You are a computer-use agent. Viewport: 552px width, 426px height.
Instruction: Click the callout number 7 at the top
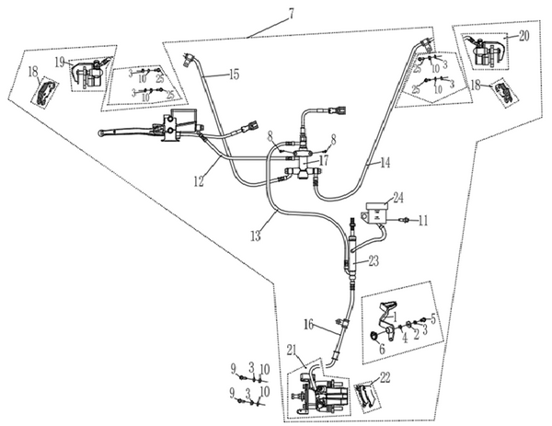click(x=291, y=13)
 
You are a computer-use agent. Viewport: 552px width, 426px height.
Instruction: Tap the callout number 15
click(x=234, y=74)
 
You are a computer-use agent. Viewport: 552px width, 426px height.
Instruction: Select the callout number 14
click(x=385, y=163)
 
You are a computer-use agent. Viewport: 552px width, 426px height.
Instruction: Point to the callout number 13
click(x=256, y=236)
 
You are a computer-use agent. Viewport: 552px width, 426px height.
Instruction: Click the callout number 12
click(x=199, y=181)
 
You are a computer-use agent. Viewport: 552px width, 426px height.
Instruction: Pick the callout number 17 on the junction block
click(x=323, y=160)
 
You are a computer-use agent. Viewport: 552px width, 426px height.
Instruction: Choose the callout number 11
click(x=422, y=221)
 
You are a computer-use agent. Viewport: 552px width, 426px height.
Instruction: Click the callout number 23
click(x=374, y=261)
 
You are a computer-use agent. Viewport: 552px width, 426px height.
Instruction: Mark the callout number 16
click(x=308, y=325)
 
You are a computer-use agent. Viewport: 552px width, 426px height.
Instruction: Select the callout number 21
click(x=293, y=351)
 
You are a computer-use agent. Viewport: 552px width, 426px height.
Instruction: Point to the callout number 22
click(x=385, y=378)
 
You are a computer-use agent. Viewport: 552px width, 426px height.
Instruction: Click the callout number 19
click(x=60, y=63)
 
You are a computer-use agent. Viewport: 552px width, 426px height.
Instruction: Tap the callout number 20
click(x=523, y=36)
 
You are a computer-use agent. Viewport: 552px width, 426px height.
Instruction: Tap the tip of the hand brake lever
click(x=99, y=132)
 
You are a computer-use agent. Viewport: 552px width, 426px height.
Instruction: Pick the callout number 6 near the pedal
click(x=382, y=349)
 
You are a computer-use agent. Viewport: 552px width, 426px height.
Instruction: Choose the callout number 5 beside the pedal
click(x=433, y=318)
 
